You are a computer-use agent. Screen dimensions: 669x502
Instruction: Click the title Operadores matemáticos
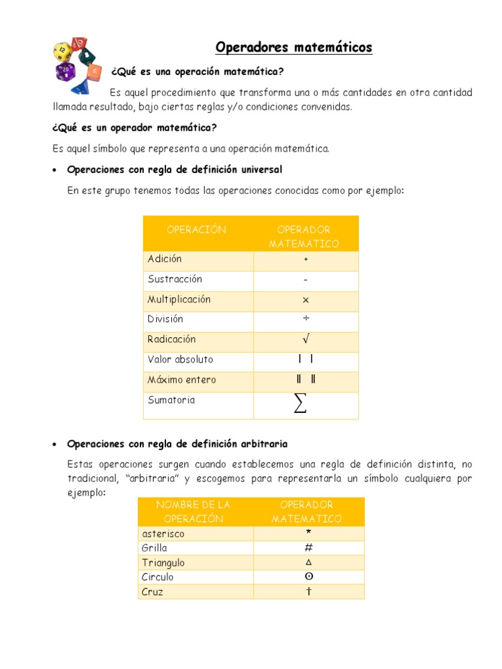[293, 48]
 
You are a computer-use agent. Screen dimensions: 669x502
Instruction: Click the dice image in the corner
[78, 65]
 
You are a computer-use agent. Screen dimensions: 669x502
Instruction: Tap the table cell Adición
[165, 259]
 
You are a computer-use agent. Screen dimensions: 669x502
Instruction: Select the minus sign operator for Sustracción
[305, 280]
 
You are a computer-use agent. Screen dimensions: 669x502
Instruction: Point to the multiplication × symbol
[305, 301]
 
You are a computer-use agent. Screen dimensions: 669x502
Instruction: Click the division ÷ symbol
[305, 319]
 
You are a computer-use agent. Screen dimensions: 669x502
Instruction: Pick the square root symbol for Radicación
[305, 339]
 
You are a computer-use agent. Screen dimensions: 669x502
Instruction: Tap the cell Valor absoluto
[180, 360]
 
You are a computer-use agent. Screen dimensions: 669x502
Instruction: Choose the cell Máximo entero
[182, 380]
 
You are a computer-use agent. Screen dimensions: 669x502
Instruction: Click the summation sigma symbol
[300, 404]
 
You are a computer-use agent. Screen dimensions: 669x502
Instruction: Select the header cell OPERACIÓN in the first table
[197, 230]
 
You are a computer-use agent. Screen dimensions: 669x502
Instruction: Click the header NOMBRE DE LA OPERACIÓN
[194, 512]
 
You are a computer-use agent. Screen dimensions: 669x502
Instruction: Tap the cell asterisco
[163, 534]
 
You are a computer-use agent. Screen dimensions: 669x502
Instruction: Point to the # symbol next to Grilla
[308, 547]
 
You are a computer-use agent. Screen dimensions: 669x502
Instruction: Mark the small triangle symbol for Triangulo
[308, 563]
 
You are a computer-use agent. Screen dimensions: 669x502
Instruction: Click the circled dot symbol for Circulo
[308, 577]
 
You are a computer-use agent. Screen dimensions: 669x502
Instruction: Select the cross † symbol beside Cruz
[308, 591]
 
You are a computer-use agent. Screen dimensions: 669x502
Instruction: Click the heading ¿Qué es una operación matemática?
[197, 71]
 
